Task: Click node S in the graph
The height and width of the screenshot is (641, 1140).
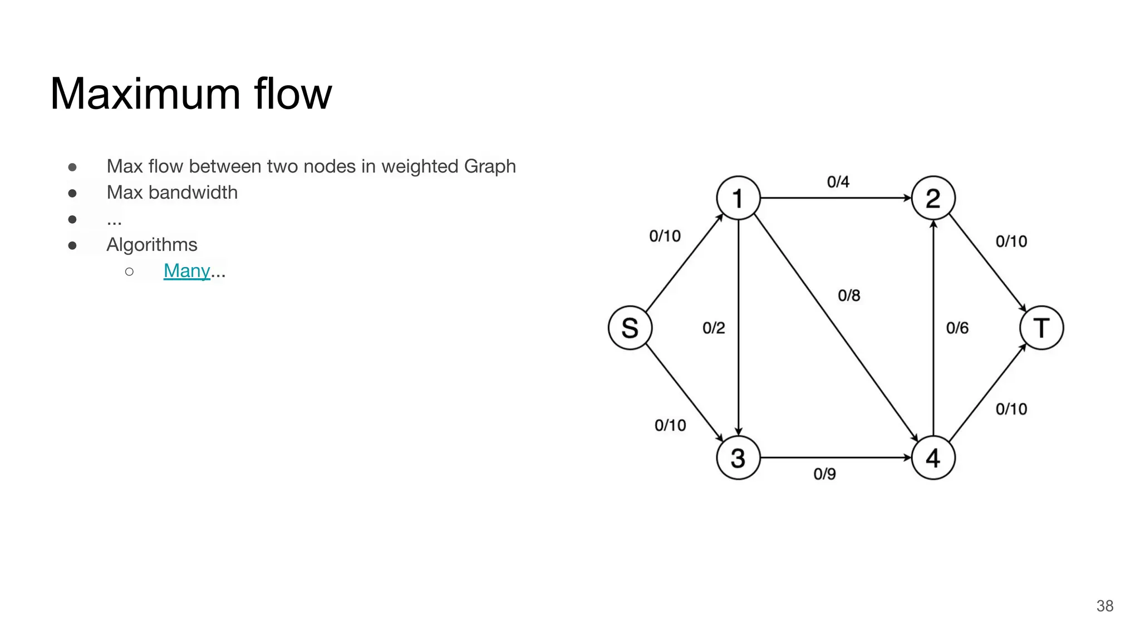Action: click(630, 328)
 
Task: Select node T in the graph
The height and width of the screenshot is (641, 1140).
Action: click(1041, 328)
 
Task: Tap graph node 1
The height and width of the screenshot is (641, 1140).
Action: click(738, 198)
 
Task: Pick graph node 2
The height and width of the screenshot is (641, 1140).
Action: click(933, 198)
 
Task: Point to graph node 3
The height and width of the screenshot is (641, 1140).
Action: click(738, 458)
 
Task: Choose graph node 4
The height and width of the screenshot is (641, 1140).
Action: click(933, 458)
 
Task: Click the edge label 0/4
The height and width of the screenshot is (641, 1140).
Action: click(838, 182)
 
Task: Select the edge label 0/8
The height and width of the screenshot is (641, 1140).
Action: click(849, 295)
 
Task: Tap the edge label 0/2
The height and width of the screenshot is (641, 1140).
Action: click(714, 328)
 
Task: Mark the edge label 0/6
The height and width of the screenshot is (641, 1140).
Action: click(957, 328)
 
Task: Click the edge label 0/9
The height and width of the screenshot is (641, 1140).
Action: click(824, 474)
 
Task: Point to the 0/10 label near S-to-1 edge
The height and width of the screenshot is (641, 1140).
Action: click(665, 236)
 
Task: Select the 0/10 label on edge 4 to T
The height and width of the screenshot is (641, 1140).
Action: click(1011, 409)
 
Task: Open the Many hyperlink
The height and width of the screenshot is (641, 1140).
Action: click(186, 271)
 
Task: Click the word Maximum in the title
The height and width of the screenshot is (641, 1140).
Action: click(145, 93)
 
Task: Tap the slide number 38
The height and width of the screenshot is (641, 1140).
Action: click(1104, 606)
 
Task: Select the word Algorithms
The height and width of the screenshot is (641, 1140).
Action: click(151, 245)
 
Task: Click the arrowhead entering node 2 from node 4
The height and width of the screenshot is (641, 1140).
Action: click(933, 224)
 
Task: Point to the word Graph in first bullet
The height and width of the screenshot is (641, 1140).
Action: click(490, 166)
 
